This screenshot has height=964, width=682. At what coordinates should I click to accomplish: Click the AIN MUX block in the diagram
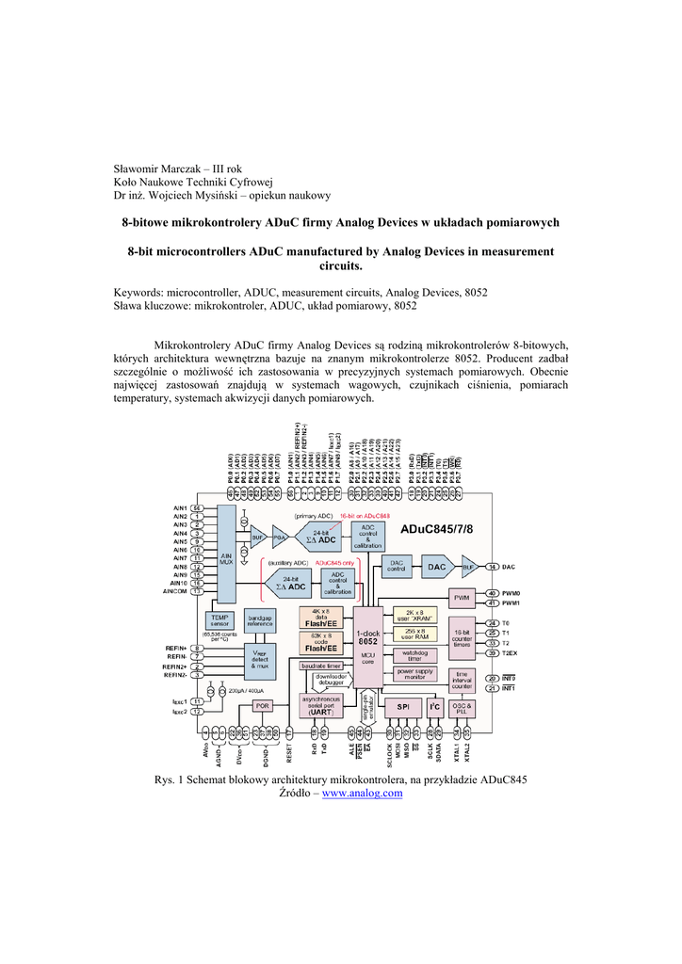tap(226, 555)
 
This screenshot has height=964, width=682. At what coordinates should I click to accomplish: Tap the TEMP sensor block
tap(220, 620)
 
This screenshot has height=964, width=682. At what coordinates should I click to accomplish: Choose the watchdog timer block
tap(414, 654)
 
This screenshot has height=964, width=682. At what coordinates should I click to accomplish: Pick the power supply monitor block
tap(414, 673)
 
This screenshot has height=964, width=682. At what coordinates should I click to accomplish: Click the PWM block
tap(462, 598)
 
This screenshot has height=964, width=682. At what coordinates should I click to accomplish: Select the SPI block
tap(402, 706)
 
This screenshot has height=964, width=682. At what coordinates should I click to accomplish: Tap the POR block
tap(262, 705)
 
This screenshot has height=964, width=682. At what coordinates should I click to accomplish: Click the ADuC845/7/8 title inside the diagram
tap(436, 530)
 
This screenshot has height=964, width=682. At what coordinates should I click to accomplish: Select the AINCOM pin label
tap(175, 591)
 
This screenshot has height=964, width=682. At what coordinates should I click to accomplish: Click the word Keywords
tap(138, 293)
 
